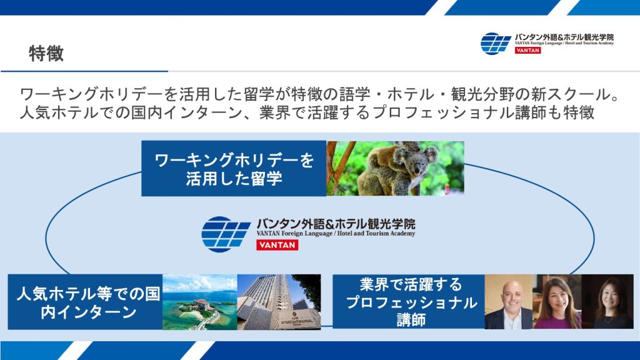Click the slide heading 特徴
46,54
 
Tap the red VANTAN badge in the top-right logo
527,50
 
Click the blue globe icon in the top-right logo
496,44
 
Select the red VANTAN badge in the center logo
277,245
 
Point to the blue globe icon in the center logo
226,234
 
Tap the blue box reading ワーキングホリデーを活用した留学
234,169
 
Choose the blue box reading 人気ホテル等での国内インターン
85,302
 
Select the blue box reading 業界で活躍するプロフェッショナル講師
409,302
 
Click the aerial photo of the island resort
200,302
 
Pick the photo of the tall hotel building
279,302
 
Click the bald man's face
511,296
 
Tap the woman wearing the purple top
557,304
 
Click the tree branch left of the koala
339,168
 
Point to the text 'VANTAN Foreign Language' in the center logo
295,234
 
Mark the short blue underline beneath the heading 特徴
84,71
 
